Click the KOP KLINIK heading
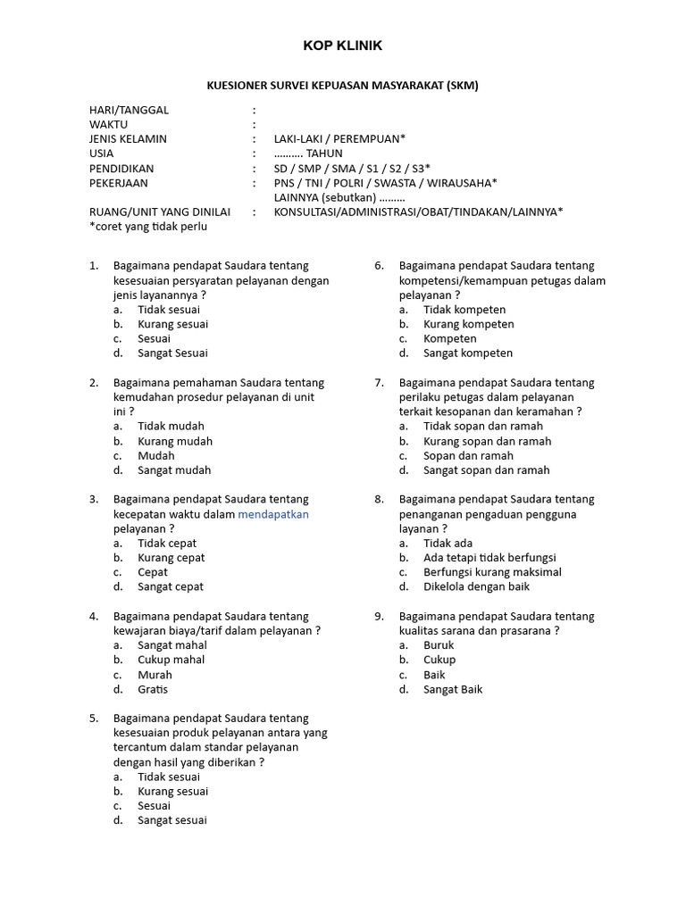coord(343,46)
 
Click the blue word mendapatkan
coord(273,514)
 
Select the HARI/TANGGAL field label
coord(129,110)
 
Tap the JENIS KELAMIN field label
coord(128,139)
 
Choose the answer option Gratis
coord(153,689)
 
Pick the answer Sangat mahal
coord(171,645)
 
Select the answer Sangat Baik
coord(453,689)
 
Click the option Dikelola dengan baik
coord(476,586)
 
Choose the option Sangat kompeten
coord(468,353)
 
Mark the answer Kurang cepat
coord(171,558)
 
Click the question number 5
coord(94,719)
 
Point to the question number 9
coord(379,617)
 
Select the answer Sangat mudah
coord(174,470)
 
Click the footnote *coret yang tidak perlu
coord(147,226)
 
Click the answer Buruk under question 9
coord(439,645)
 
